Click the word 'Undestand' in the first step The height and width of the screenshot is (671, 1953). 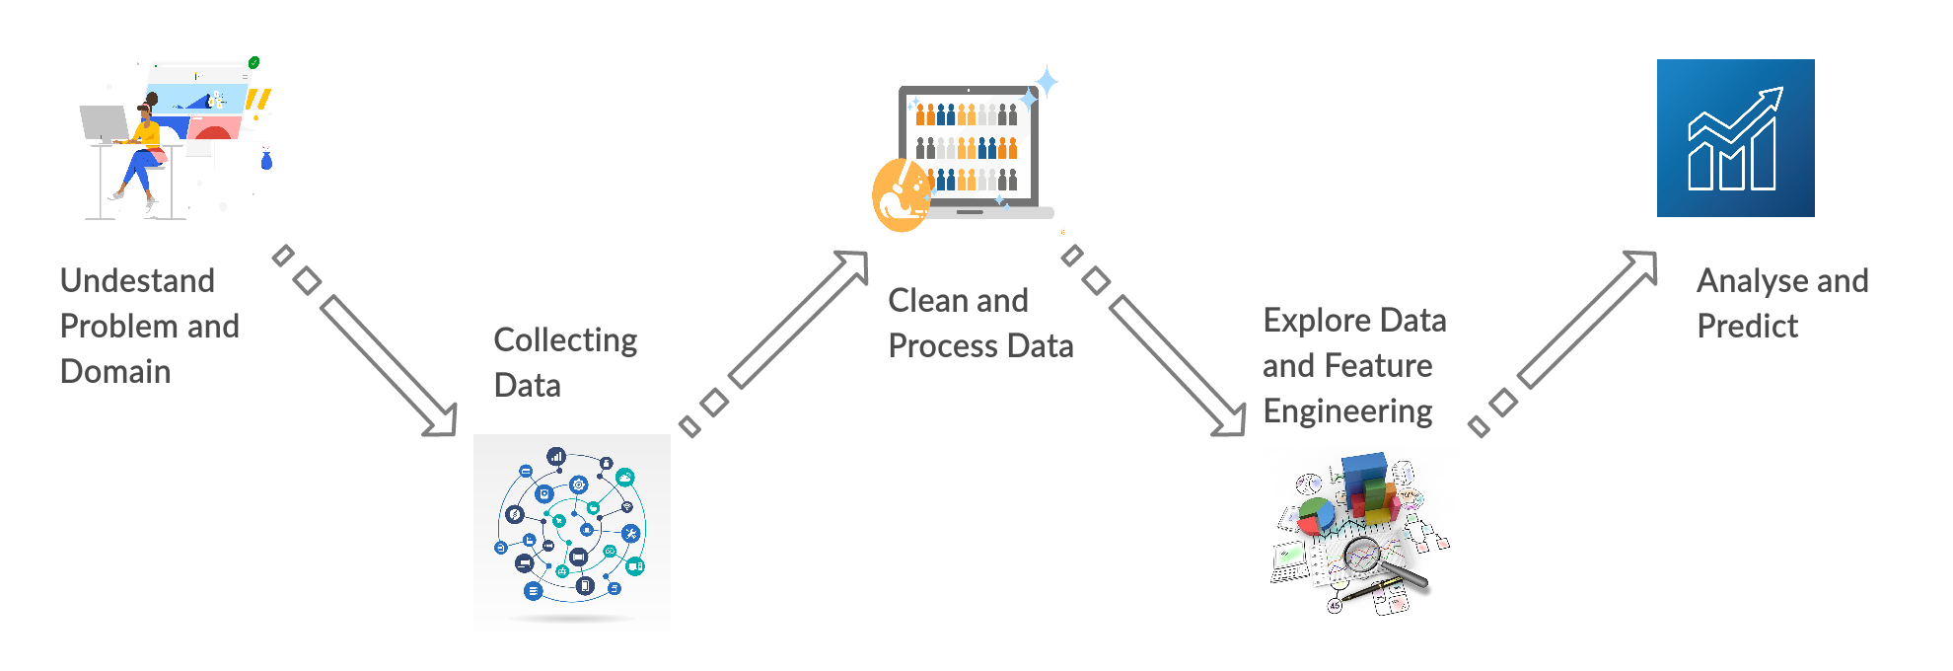click(x=137, y=281)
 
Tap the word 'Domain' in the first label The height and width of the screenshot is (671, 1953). click(x=115, y=372)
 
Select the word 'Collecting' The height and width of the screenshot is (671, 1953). click(x=565, y=340)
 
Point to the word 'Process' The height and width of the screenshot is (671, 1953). click(x=943, y=346)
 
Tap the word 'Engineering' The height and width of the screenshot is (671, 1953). click(x=1347, y=411)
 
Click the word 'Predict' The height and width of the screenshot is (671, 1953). click(x=1747, y=327)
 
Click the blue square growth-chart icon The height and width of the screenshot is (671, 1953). click(x=1735, y=138)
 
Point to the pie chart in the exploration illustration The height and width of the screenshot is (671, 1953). click(x=1315, y=514)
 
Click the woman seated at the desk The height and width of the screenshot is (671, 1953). click(x=144, y=148)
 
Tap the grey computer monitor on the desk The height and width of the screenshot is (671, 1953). click(x=105, y=124)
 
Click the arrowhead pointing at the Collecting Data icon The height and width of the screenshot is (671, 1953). click(x=442, y=420)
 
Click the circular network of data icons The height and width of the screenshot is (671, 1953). click(x=572, y=528)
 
